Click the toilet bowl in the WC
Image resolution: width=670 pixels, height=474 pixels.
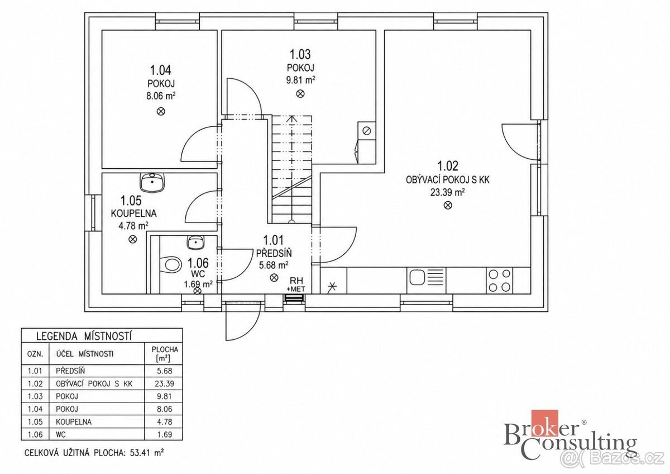(x=173, y=265)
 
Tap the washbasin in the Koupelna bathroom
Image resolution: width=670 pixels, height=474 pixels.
(x=152, y=183)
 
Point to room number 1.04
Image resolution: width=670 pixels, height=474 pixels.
(x=161, y=70)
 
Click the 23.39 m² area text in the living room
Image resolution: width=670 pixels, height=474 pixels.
(x=447, y=192)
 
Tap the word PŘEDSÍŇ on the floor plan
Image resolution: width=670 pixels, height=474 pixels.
(x=274, y=254)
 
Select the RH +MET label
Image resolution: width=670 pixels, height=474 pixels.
(x=296, y=285)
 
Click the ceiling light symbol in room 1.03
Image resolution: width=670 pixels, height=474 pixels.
(x=300, y=94)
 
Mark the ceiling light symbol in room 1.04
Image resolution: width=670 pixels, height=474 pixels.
(x=161, y=112)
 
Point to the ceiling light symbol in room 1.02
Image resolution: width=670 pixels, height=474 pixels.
(x=448, y=205)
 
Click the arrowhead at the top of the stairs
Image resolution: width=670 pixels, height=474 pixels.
(x=291, y=118)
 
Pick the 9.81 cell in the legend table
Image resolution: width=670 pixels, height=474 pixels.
(x=164, y=396)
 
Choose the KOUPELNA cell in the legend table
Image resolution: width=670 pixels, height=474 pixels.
(x=74, y=421)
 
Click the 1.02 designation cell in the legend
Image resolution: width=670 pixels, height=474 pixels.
(x=35, y=383)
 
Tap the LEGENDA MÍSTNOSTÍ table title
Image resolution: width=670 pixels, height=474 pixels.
(x=84, y=336)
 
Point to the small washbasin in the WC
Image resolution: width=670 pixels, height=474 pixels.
(x=196, y=242)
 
